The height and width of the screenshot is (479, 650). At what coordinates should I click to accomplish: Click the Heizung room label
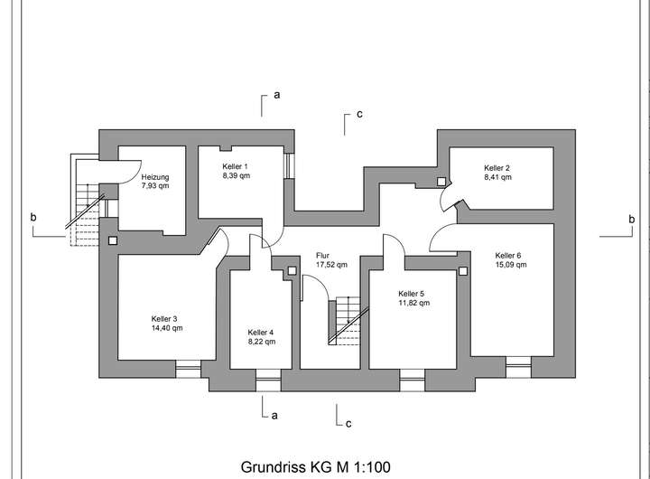pos(155,177)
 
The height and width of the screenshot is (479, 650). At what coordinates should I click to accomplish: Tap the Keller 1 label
pos(235,167)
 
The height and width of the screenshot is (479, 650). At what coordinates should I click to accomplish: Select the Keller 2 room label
pos(497,168)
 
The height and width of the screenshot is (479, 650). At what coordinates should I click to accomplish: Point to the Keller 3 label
pos(163,318)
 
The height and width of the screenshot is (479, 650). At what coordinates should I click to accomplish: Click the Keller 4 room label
pos(262,332)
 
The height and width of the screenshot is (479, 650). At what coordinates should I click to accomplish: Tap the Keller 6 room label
pos(508,255)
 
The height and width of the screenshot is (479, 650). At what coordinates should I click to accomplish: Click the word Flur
pos(323,256)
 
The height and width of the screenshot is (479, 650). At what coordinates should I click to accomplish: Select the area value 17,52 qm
pos(331,265)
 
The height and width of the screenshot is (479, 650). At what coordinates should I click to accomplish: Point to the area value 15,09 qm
pos(509,265)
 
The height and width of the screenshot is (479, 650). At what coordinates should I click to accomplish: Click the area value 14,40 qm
pos(167,328)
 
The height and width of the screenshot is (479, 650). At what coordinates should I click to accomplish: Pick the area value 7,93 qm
pos(155,186)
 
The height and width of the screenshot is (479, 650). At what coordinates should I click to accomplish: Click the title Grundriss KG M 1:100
pos(315,467)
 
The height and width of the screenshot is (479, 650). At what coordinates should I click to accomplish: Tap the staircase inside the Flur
pos(344,320)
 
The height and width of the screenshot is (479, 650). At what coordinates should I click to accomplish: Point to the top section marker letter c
pos(359,115)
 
